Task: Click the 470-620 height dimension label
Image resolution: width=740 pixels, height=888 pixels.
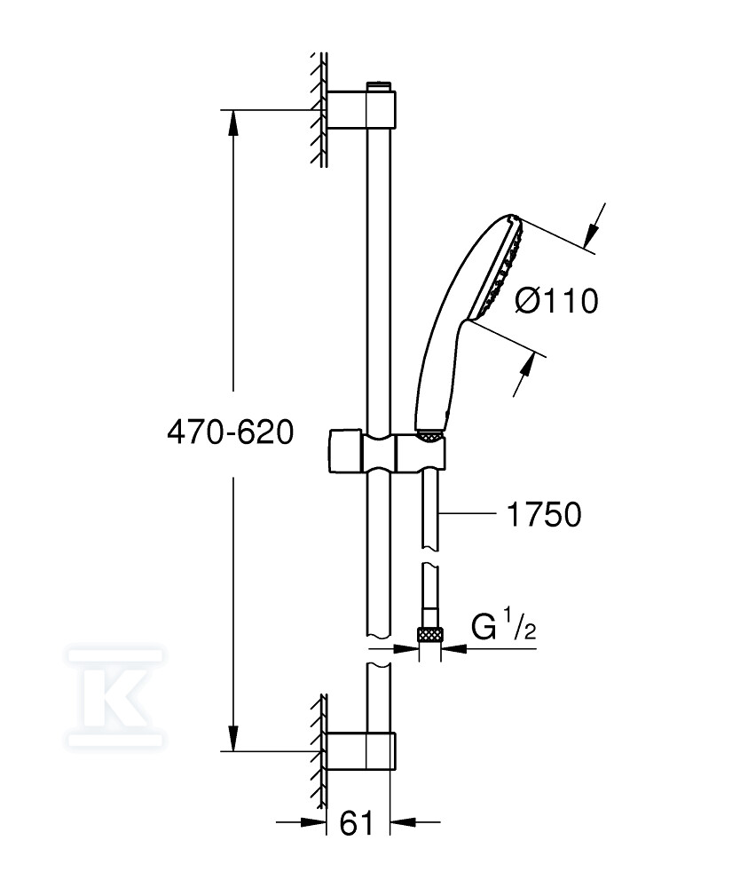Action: pos(231,433)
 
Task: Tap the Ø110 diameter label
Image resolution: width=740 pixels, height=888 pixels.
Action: pos(556,300)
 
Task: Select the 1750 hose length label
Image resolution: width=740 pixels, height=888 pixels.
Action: pos(544,514)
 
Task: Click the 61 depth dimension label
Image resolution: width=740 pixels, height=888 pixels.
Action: pos(357,822)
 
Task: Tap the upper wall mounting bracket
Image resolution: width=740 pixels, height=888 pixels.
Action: pos(361,108)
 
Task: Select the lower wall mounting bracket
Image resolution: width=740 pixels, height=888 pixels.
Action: pos(361,751)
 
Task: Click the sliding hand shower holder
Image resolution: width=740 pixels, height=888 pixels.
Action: pos(386,453)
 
